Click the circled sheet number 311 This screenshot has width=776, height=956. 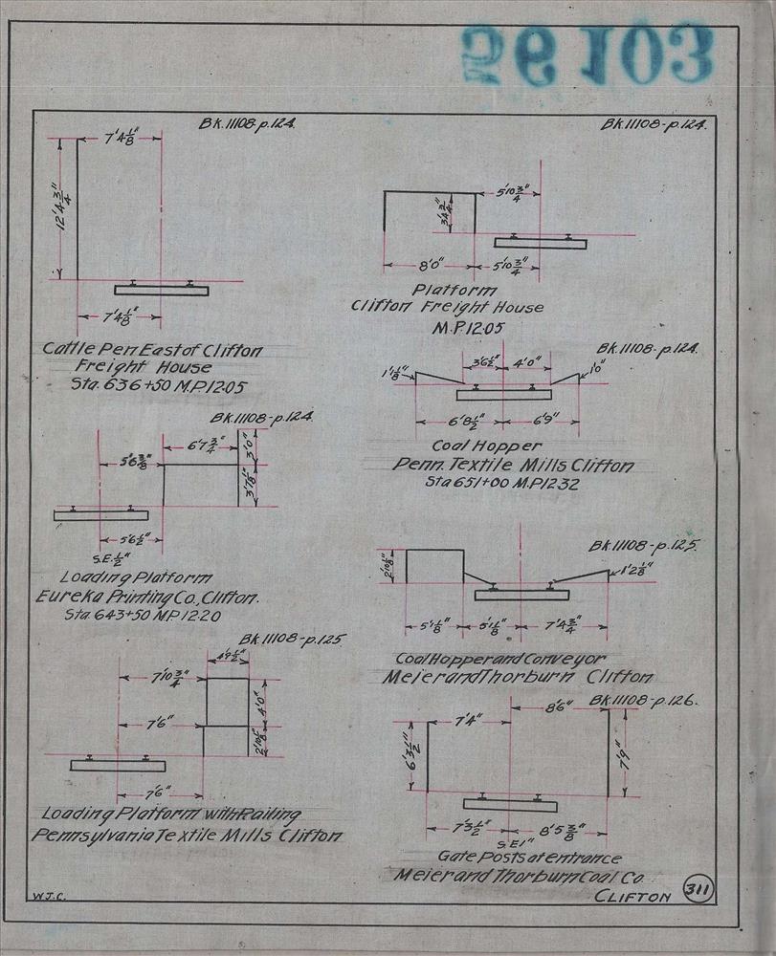coord(698,892)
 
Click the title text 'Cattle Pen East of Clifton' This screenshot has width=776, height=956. coord(151,350)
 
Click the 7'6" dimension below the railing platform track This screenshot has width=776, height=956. coord(159,793)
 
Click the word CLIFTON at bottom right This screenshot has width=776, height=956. coord(632,896)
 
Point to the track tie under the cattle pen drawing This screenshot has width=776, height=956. coord(161,290)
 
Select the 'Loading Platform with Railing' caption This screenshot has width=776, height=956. coord(171,815)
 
